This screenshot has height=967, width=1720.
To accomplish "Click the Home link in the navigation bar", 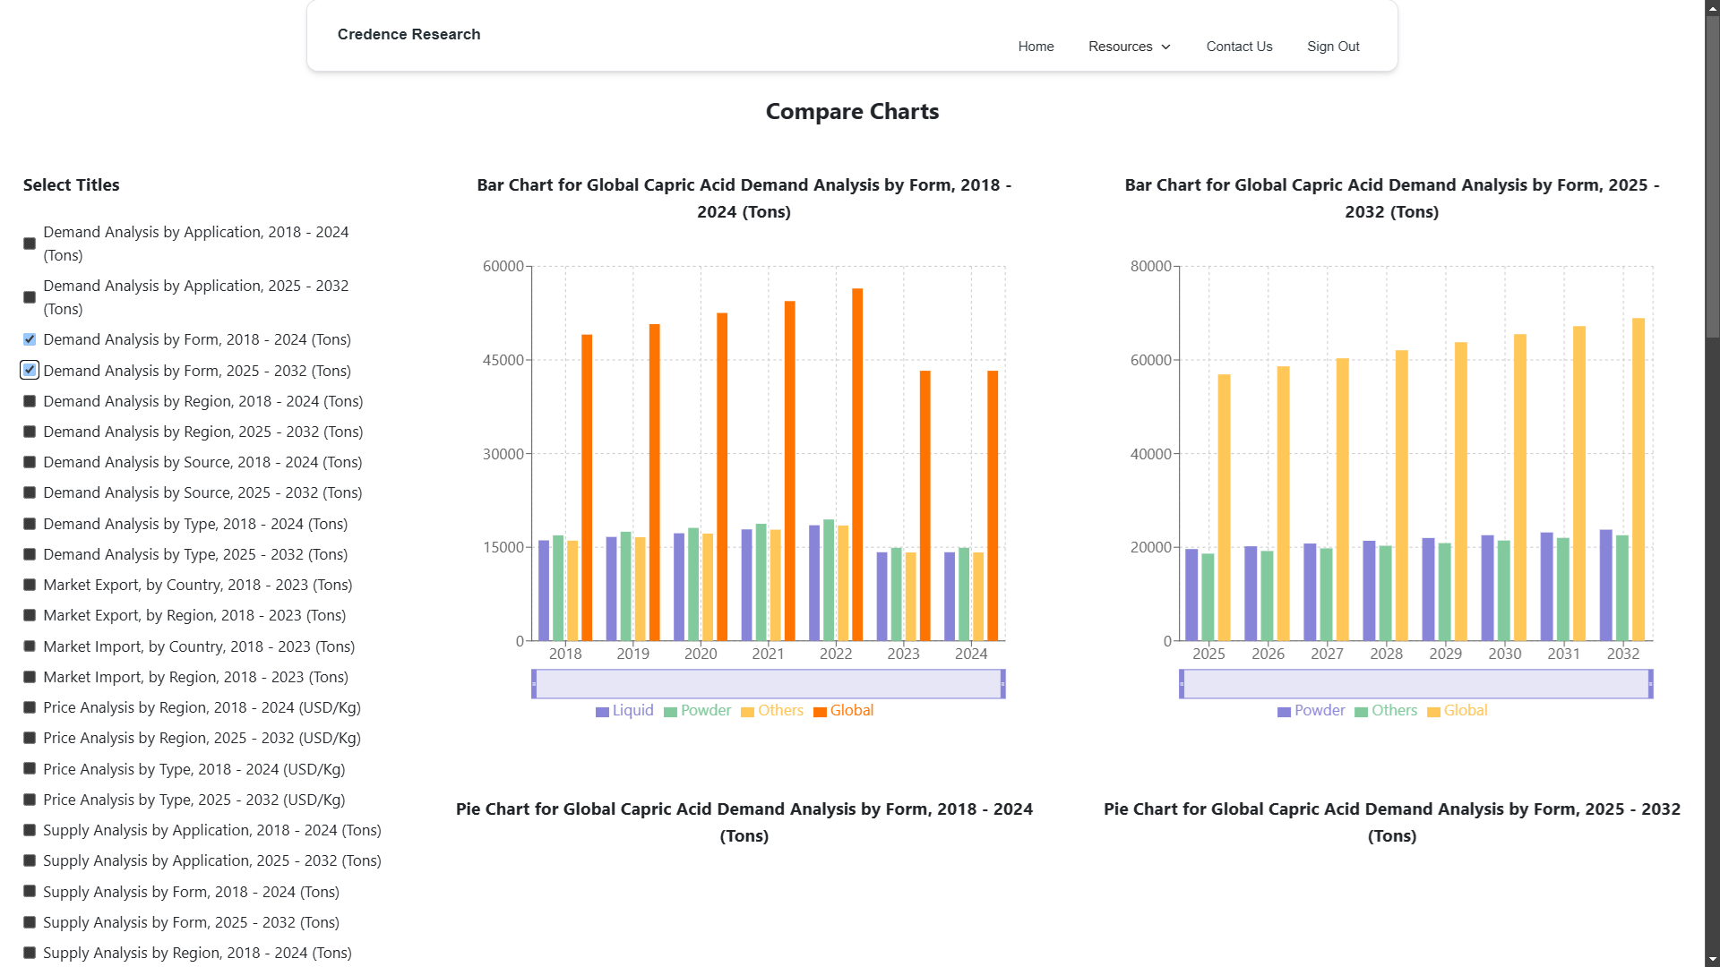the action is (x=1036, y=47).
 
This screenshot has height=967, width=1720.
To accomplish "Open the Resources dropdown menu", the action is (x=1130, y=47).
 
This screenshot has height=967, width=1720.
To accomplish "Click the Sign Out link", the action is (x=1333, y=47).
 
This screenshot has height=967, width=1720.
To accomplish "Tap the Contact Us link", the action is (x=1239, y=47).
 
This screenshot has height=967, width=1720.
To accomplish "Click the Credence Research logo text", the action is (x=408, y=34).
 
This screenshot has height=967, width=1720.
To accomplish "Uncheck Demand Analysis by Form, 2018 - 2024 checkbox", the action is (x=30, y=339).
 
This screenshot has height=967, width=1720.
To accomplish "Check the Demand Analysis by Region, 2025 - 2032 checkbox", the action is (x=30, y=432).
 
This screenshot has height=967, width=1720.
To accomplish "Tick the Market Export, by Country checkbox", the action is (x=30, y=585).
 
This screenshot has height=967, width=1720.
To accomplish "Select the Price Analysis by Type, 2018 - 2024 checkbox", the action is (x=30, y=769).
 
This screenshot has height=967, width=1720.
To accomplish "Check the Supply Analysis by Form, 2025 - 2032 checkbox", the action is (x=30, y=922).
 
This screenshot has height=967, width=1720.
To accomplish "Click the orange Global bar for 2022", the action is (x=857, y=465).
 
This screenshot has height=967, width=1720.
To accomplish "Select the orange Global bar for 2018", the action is (x=587, y=488).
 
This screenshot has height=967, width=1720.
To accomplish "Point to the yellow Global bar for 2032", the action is (x=1638, y=480).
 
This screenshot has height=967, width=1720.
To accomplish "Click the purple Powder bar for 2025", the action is (x=1191, y=595).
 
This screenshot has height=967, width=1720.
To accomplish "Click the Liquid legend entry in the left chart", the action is (x=624, y=711).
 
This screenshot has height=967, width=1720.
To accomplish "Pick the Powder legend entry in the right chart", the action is (x=1311, y=711).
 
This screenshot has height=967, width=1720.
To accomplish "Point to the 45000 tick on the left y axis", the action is (x=503, y=360).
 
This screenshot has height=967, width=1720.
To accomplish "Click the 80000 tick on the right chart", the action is (x=1151, y=266).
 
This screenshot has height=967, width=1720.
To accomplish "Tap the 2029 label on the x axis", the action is (x=1446, y=654).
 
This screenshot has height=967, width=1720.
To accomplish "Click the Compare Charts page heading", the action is (x=852, y=112).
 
